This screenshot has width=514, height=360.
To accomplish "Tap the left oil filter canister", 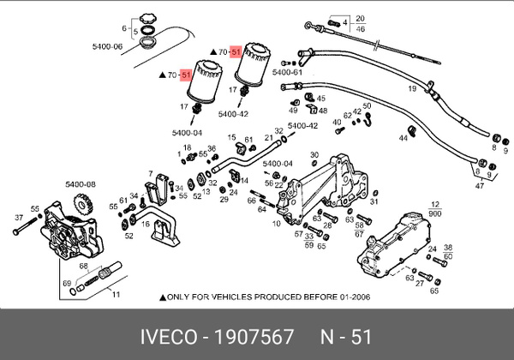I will [x=200, y=82].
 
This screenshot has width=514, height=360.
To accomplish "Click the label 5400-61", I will [x=287, y=73].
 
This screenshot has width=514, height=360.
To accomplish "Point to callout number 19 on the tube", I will [x=412, y=88].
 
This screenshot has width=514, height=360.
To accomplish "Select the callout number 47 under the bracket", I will [x=479, y=185].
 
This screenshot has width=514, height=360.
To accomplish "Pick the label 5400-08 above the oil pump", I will [x=81, y=183].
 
